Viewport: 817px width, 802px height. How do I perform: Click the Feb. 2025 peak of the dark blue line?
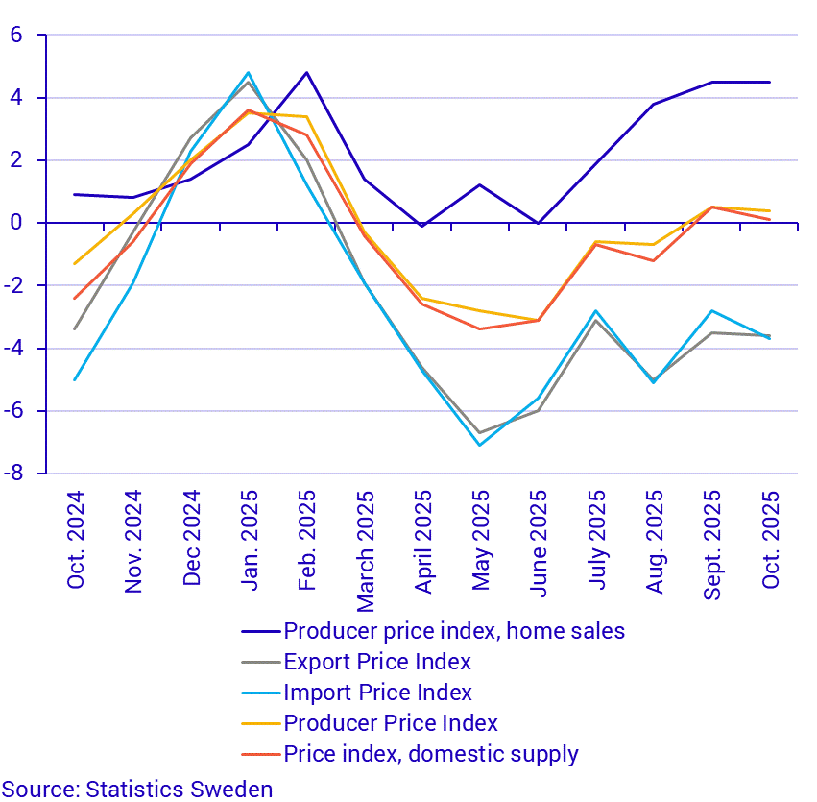click(306, 72)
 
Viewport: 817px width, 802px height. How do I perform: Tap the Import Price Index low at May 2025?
click(480, 445)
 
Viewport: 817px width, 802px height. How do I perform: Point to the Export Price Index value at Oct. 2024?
click(75, 329)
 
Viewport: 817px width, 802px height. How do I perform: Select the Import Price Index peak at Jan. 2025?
click(249, 73)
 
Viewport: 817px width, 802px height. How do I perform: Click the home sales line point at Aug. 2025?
click(654, 104)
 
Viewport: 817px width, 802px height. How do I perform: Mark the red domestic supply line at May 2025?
click(480, 329)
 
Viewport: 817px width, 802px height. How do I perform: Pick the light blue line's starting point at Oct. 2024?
click(75, 379)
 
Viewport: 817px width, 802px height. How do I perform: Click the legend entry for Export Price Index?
click(377, 662)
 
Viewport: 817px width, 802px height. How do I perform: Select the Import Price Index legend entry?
click(377, 693)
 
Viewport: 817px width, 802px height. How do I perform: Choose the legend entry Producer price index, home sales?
click(454, 631)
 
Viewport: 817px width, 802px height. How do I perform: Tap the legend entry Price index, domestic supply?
click(431, 754)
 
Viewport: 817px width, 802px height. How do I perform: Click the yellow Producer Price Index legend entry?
click(391, 723)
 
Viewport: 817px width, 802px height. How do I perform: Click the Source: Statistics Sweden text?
click(137, 790)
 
